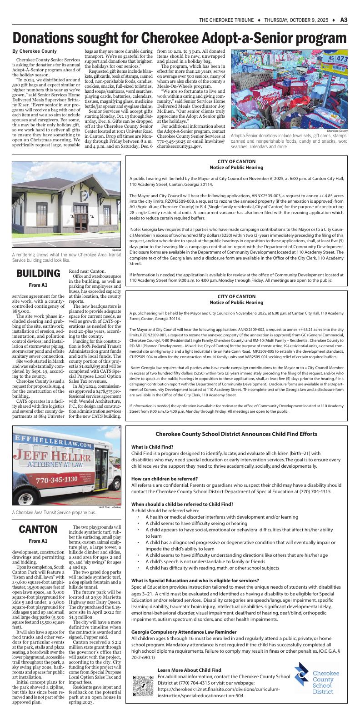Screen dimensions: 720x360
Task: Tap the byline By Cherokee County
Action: coord(35,51)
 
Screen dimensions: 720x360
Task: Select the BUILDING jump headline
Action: coord(38,273)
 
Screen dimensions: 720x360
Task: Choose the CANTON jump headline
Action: coord(38,529)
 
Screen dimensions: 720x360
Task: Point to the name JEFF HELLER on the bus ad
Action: coord(51,455)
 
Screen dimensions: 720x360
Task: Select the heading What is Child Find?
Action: coord(152,447)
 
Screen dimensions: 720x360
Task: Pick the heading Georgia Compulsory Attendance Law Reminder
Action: coord(184,632)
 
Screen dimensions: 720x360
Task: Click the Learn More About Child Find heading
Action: coord(189,670)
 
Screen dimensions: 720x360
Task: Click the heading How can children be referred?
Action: coord(164,479)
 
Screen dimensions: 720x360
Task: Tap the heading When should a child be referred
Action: coord(182,504)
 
